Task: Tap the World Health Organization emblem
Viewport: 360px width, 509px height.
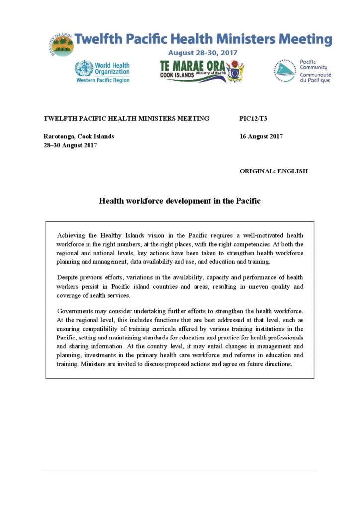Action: (84, 68)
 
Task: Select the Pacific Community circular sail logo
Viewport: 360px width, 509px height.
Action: (285, 71)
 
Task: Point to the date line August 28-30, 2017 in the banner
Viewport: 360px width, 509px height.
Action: (202, 52)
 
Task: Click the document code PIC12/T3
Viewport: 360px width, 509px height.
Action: (253, 119)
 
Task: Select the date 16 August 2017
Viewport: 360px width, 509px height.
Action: (261, 136)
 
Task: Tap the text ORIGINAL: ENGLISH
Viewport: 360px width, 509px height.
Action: (273, 171)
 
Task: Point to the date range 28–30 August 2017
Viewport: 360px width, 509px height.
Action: (70, 145)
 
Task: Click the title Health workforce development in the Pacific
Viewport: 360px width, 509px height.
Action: (180, 201)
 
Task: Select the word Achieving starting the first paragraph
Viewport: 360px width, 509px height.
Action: (71, 235)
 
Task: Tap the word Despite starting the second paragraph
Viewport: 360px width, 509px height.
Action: (68, 277)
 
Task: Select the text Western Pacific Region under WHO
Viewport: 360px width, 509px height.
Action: (103, 80)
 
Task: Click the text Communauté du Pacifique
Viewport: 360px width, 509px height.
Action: (315, 77)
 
